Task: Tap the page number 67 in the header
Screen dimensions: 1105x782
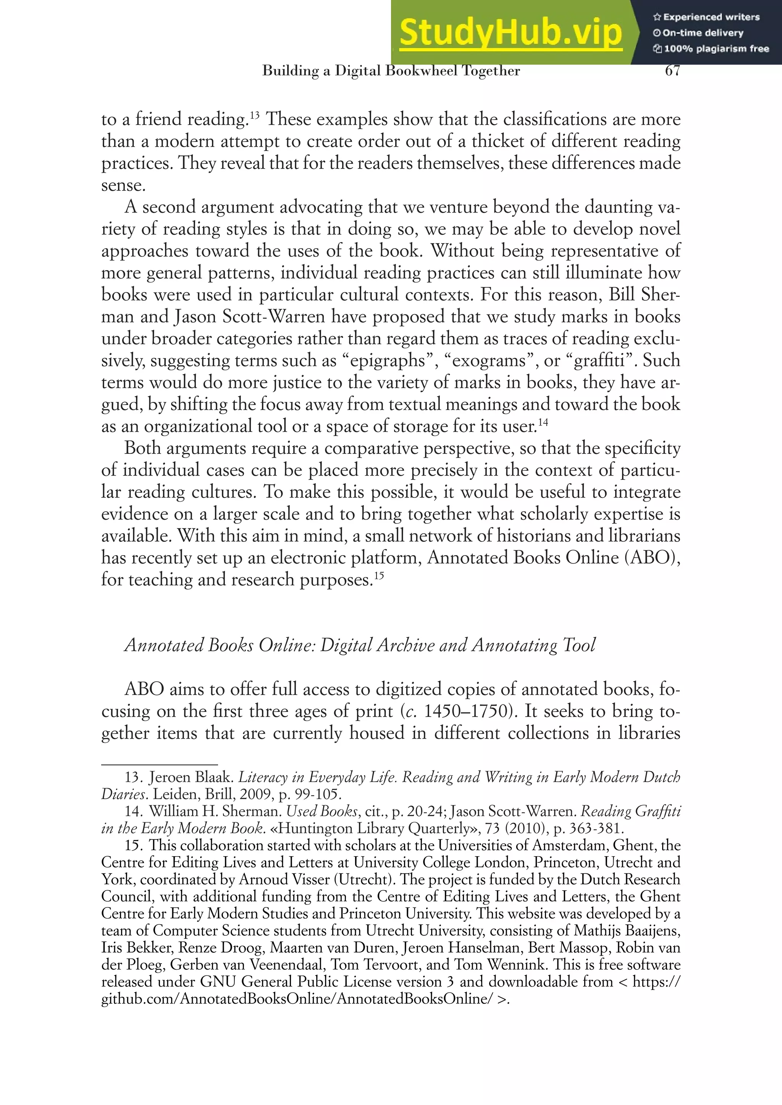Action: point(672,71)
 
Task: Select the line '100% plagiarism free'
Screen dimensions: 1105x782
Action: point(716,49)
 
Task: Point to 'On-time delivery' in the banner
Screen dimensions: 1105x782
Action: point(703,33)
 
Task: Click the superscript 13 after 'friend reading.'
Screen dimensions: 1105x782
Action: point(255,115)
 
